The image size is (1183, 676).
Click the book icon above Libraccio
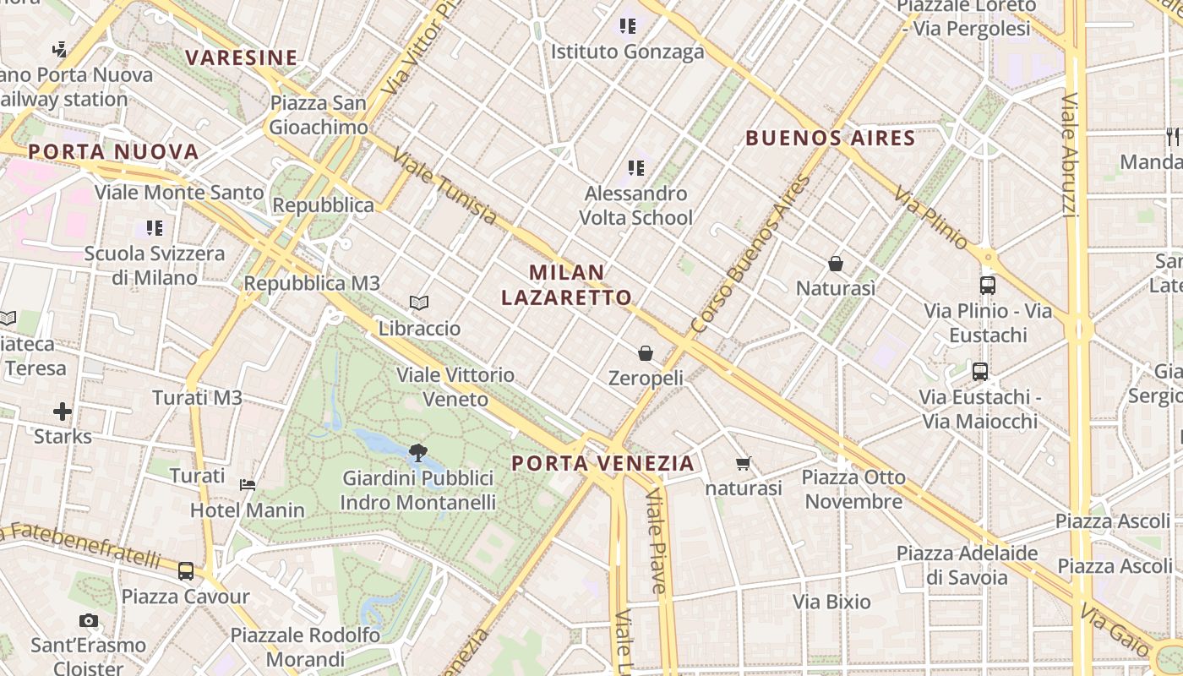click(x=419, y=303)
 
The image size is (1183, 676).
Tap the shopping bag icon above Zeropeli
click(x=646, y=352)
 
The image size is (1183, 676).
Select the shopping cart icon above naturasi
click(x=744, y=463)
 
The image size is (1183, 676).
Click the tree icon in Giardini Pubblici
click(x=417, y=453)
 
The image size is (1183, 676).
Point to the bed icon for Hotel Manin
click(x=248, y=484)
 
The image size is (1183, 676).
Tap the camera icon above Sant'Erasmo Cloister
click(x=89, y=621)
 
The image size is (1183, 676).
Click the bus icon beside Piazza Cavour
click(x=186, y=570)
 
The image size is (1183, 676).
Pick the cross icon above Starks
click(x=63, y=412)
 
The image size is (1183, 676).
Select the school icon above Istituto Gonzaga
click(x=627, y=26)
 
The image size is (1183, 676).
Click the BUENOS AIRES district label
click(x=831, y=139)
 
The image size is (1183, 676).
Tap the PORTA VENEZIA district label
click(x=603, y=463)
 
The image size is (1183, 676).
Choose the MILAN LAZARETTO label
click(x=566, y=285)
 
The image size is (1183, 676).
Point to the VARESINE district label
click(x=242, y=58)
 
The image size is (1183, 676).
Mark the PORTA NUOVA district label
click(x=113, y=152)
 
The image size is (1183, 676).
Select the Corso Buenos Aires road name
click(x=750, y=253)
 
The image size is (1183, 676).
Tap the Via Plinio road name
click(x=932, y=218)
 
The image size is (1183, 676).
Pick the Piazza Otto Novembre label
click(x=853, y=489)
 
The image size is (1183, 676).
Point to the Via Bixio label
click(x=831, y=602)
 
